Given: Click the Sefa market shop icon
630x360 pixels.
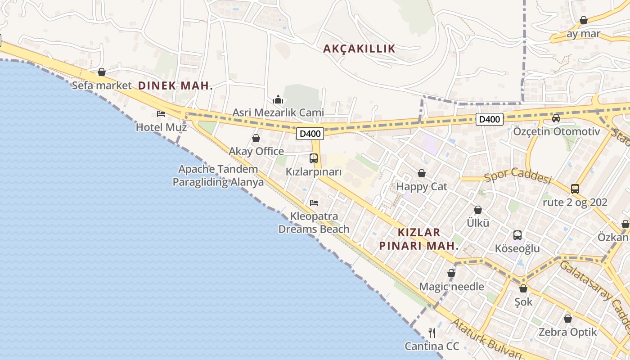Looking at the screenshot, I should pyautogui.click(x=102, y=72).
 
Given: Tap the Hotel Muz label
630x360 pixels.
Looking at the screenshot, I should pyautogui.click(x=161, y=127).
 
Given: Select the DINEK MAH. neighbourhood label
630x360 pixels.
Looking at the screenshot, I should pyautogui.click(x=175, y=85).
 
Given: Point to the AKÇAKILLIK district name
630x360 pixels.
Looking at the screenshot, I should pyautogui.click(x=359, y=49).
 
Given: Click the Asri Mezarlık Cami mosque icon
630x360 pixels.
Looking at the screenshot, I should pyautogui.click(x=278, y=99).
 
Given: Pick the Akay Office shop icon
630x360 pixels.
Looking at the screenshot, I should pyautogui.click(x=256, y=138).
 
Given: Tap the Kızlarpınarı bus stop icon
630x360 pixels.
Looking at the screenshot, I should pyautogui.click(x=314, y=158).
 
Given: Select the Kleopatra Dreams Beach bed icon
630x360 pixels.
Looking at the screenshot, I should pyautogui.click(x=314, y=202).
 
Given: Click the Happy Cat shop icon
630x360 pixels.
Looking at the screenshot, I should pyautogui.click(x=422, y=173).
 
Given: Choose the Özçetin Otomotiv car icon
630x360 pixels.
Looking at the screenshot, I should pyautogui.click(x=556, y=118).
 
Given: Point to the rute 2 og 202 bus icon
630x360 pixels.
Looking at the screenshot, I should pyautogui.click(x=575, y=189).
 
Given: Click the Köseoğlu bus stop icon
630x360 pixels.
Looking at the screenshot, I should pyautogui.click(x=517, y=235).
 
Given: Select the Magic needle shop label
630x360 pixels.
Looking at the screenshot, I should pyautogui.click(x=451, y=287).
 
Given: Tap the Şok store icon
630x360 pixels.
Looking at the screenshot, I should pyautogui.click(x=523, y=288).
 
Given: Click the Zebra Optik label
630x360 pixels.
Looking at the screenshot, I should pyautogui.click(x=568, y=332).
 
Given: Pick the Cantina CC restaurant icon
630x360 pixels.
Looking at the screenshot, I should pyautogui.click(x=432, y=333).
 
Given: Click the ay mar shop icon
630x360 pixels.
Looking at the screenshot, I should pyautogui.click(x=584, y=21).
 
